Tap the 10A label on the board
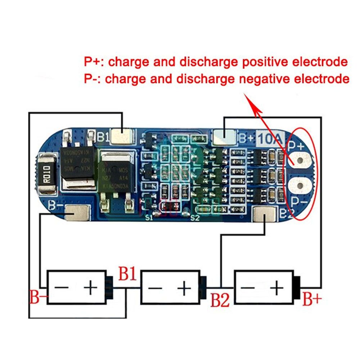pyautogui.click(x=271, y=138)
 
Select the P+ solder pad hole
pyautogui.click(x=300, y=160)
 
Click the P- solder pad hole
pyautogui.click(x=300, y=186)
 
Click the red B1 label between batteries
pyautogui.click(x=127, y=275)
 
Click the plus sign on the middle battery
pyautogui.click(x=184, y=288)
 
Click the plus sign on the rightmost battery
pyautogui.click(x=277, y=288)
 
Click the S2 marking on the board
pyautogui.click(x=195, y=218)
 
